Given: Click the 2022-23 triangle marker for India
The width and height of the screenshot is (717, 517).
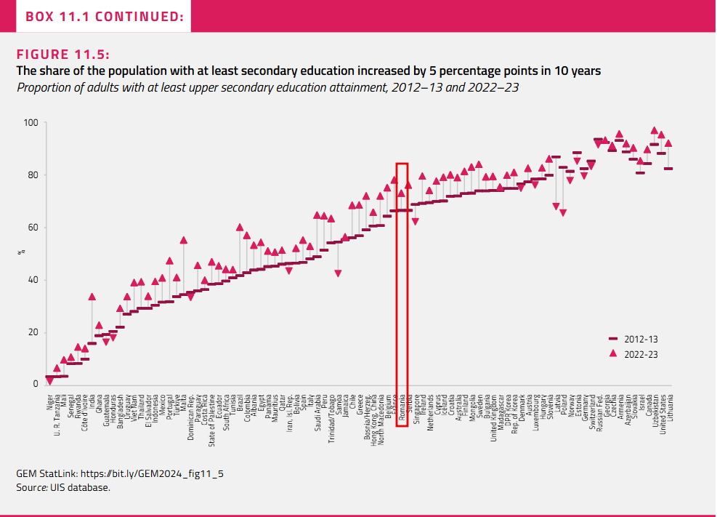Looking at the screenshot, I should pyautogui.click(x=92, y=297).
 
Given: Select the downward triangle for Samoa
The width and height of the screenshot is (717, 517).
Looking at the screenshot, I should pyautogui.click(x=338, y=273).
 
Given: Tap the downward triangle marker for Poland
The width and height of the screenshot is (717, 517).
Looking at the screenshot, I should pyautogui.click(x=563, y=212).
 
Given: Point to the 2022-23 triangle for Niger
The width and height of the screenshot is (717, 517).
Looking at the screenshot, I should pyautogui.click(x=49, y=380).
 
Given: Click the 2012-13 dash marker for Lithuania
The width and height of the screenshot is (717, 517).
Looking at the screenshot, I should pyautogui.click(x=668, y=169).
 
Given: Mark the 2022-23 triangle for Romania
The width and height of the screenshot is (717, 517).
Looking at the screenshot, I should pyautogui.click(x=402, y=193).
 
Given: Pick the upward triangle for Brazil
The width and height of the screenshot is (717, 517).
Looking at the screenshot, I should pyautogui.click(x=240, y=227).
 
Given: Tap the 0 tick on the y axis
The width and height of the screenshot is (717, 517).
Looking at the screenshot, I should pyautogui.click(x=34, y=385).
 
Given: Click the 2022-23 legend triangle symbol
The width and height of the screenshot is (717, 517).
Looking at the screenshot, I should pyautogui.click(x=612, y=353).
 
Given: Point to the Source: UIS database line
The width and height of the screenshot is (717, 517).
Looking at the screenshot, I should pyautogui.click(x=63, y=487).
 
